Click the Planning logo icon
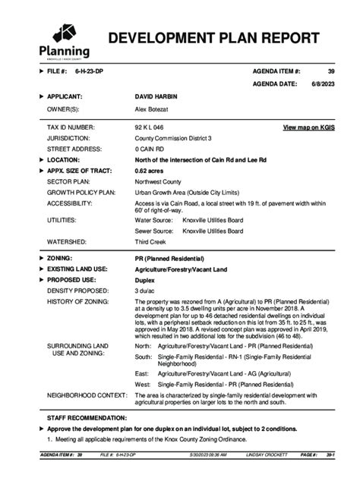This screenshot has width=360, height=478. click(63, 34)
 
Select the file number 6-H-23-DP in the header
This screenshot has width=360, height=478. click(90, 70)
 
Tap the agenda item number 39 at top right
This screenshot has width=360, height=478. click(330, 70)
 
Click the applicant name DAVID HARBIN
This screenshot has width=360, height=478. click(158, 97)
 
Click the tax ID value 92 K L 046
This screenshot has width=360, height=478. click(149, 127)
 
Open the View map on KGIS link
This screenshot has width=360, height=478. click(308, 127)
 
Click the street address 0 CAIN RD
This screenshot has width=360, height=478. click(150, 149)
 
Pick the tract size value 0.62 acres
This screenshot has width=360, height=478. click(151, 171)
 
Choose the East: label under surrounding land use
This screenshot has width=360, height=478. click(143, 374)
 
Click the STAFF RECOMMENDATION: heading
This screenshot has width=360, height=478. click(87, 418)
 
